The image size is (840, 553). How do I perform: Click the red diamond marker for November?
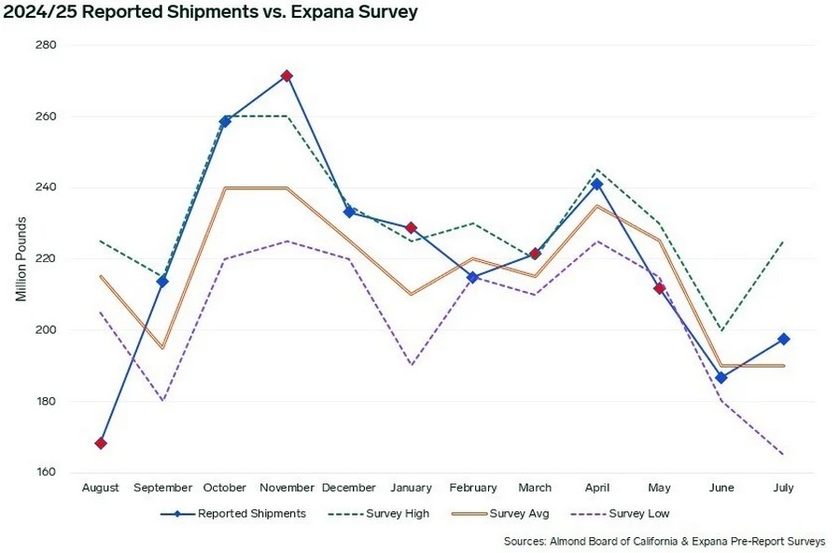[287, 76]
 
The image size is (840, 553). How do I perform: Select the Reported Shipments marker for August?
[101, 443]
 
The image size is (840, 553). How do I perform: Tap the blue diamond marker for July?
[784, 339]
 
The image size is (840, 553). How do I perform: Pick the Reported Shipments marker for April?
[597, 184]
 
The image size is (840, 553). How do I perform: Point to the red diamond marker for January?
[411, 228]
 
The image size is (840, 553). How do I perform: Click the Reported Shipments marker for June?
[721, 378]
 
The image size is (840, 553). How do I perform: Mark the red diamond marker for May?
[659, 288]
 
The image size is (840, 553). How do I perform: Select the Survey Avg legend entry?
[495, 514]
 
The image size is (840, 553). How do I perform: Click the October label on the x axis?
[225, 488]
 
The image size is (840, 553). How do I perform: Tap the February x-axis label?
[473, 488]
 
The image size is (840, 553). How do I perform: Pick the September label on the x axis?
[162, 488]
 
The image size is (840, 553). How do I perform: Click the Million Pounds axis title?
[21, 259]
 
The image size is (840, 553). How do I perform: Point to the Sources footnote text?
[664, 541]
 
